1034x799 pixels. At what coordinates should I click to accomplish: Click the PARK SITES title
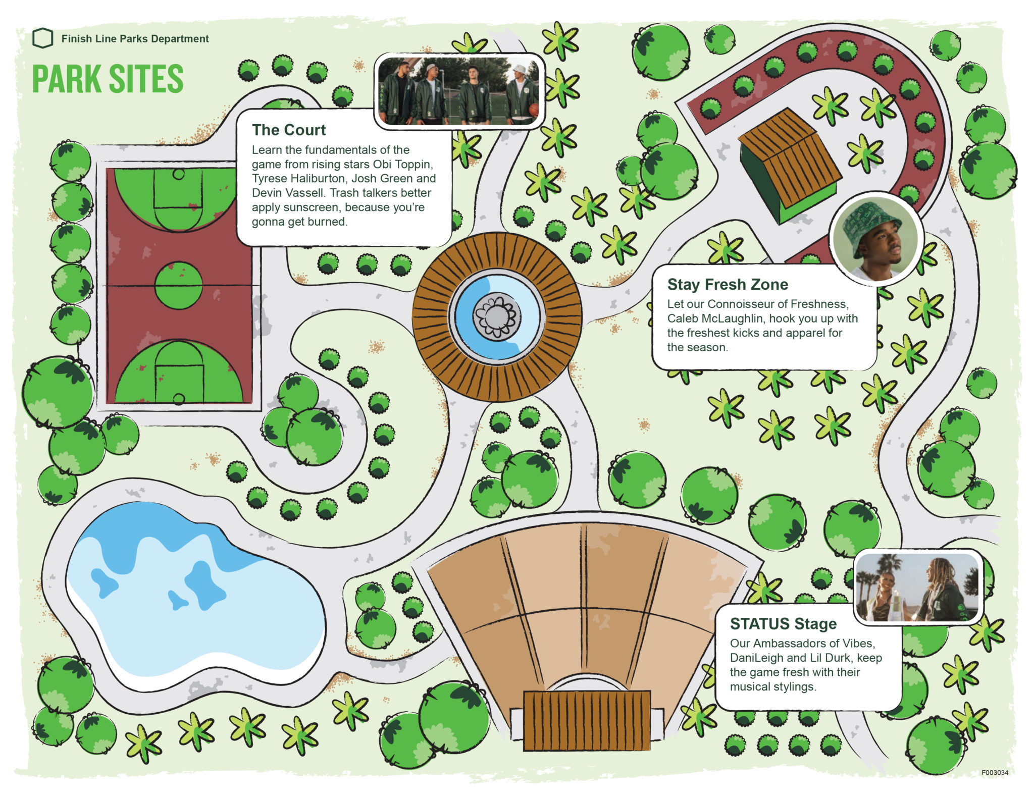[x=108, y=79]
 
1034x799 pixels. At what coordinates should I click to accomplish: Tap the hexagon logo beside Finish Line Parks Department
[x=43, y=38]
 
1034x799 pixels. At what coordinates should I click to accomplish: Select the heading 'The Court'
[x=289, y=130]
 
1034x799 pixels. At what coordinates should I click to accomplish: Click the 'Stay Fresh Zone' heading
[x=727, y=285]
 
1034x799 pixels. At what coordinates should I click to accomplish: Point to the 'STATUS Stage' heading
[x=783, y=624]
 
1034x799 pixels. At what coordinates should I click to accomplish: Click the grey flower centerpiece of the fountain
[x=497, y=316]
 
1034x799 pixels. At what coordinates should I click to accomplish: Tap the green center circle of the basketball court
[x=178, y=285]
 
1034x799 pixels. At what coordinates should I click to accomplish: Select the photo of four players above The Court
[x=459, y=91]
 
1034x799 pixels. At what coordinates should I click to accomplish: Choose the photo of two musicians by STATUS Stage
[x=918, y=587]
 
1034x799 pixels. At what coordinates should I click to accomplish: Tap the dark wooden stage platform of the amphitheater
[x=586, y=720]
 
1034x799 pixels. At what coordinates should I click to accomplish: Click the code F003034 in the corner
[x=995, y=773]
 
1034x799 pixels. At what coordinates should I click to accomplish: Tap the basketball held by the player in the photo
[x=534, y=110]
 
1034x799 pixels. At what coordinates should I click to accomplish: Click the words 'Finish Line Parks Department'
[x=135, y=39]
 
